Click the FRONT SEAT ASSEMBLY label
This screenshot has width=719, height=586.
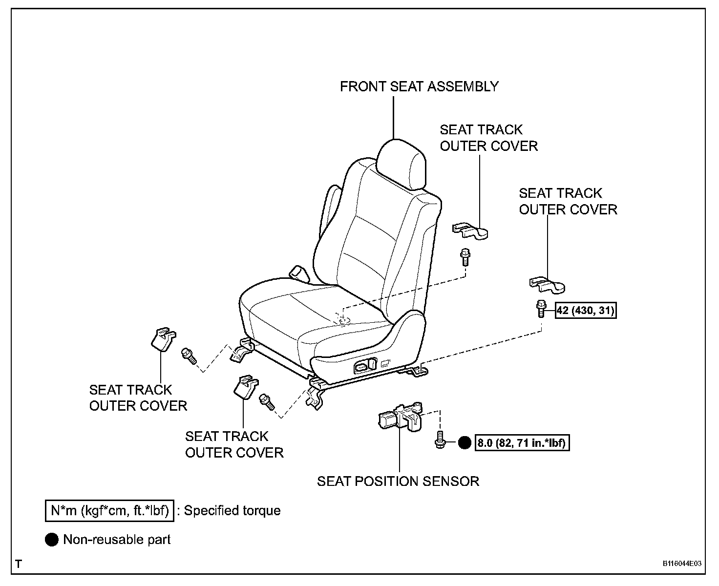(419, 86)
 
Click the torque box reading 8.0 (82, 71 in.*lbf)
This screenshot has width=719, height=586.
(522, 443)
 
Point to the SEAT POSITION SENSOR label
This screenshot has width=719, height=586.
(398, 481)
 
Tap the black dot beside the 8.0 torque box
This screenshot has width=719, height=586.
(465, 443)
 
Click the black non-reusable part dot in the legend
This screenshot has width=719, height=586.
(52, 540)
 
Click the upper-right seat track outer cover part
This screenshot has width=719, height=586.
(471, 230)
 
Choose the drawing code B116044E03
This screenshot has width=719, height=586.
(682, 564)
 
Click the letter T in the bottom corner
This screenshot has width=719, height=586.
(18, 565)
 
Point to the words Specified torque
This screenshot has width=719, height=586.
(233, 511)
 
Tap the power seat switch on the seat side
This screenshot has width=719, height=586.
(365, 364)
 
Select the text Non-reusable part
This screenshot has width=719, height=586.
(117, 540)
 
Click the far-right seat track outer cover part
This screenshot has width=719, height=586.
(548, 285)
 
